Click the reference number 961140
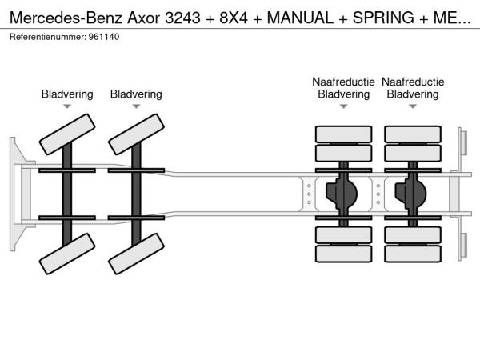pyautogui.click(x=105, y=38)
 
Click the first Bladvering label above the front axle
pyautogui.click(x=67, y=94)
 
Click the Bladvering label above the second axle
pyautogui.click(x=136, y=94)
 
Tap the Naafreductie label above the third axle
pyautogui.click(x=343, y=82)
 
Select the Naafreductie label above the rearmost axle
pyautogui.click(x=413, y=82)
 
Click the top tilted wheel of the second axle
pyautogui.click(x=136, y=134)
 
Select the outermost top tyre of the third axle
pyautogui.click(x=343, y=134)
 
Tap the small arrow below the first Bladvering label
pyautogui.click(x=67, y=106)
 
